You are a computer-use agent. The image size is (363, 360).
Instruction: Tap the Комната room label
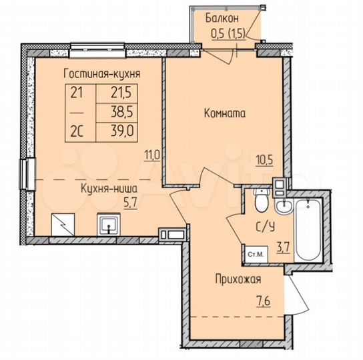pyautogui.click(x=225, y=113)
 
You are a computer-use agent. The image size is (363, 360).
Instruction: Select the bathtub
pyautogui.click(x=309, y=231)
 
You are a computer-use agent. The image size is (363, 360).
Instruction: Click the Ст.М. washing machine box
pyautogui.click(x=254, y=253)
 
